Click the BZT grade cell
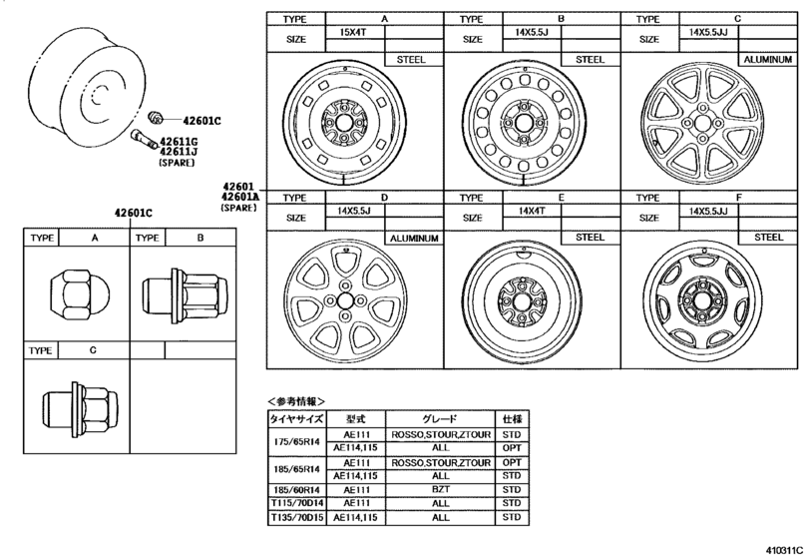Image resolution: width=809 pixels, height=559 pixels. point(439,490)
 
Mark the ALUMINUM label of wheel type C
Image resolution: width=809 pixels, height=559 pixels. point(766,60)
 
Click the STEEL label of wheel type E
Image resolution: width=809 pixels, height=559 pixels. point(590,237)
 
